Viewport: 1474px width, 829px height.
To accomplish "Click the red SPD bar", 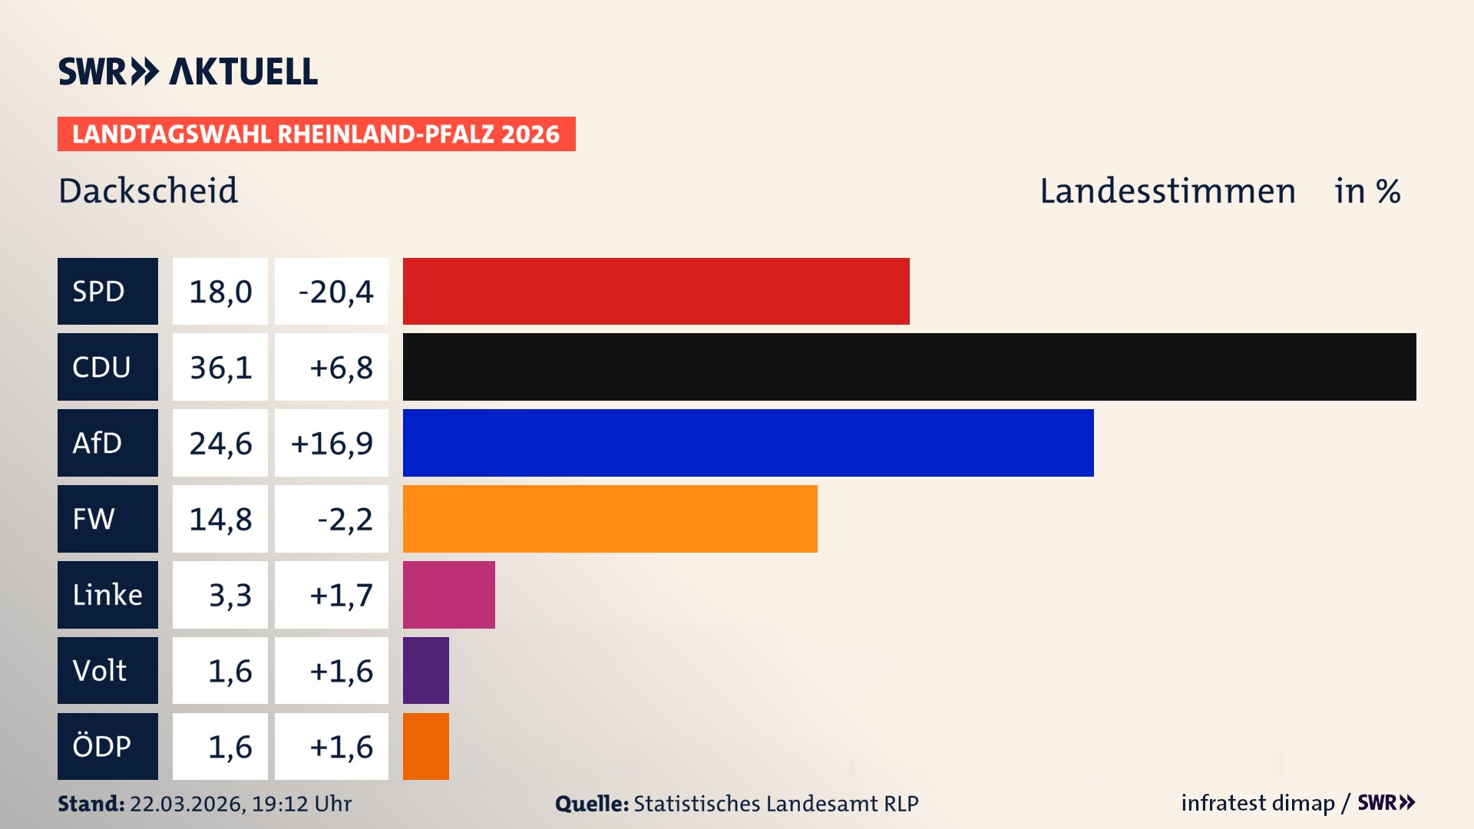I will click(656, 291).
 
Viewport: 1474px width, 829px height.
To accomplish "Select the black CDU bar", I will click(909, 367).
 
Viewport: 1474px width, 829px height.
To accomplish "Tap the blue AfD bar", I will click(748, 443).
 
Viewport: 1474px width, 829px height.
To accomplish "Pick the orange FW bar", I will click(610, 519).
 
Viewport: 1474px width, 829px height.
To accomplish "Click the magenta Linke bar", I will click(448, 595).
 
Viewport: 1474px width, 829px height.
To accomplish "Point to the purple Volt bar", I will click(425, 670).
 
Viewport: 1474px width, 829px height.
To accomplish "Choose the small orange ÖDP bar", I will click(425, 746).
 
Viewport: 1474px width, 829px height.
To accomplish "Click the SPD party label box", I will click(107, 291).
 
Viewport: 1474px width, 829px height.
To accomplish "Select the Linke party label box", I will click(107, 595).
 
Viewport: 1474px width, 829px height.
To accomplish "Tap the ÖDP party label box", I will click(107, 746).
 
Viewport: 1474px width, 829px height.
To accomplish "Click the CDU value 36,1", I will click(220, 367).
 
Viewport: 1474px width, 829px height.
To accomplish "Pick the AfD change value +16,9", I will click(332, 443).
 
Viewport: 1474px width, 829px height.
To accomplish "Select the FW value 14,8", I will click(220, 519).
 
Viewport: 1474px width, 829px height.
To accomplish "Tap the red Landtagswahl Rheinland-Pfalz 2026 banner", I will click(316, 134).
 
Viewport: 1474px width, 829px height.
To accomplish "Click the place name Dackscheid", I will click(148, 190).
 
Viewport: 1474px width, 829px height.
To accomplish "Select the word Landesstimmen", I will click(1167, 190).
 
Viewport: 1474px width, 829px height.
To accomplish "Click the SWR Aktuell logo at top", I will click(187, 71).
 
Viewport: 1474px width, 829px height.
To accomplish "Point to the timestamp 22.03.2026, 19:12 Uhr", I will click(240, 804).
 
